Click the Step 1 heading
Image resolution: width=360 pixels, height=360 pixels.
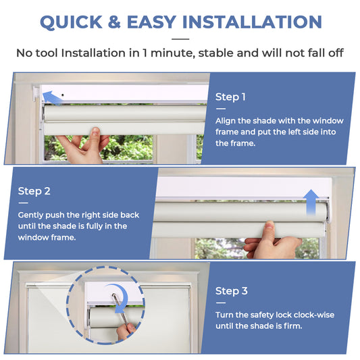coord(230,97)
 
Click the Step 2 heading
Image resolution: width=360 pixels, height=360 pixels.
coord(34,191)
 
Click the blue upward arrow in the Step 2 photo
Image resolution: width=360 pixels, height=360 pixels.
coord(311,201)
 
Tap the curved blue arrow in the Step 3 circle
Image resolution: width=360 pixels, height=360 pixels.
coord(122,308)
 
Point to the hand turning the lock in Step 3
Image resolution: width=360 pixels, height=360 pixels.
coord(126,332)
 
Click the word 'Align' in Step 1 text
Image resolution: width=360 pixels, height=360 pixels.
coord(227,120)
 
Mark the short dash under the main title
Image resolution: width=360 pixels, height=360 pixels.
coord(180,39)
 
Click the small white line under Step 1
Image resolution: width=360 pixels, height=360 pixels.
coord(220,108)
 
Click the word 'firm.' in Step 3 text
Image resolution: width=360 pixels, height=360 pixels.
coord(287,326)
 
